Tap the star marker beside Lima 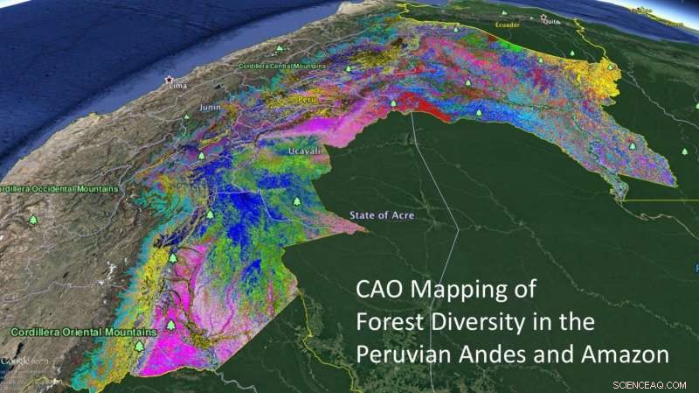[x=170, y=79]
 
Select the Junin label [x=211, y=108]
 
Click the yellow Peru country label [x=306, y=100]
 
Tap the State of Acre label [x=382, y=215]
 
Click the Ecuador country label [x=508, y=25]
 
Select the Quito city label [x=552, y=24]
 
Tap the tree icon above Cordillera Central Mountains [x=280, y=49]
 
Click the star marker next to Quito [x=543, y=17]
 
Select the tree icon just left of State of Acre [x=297, y=202]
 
